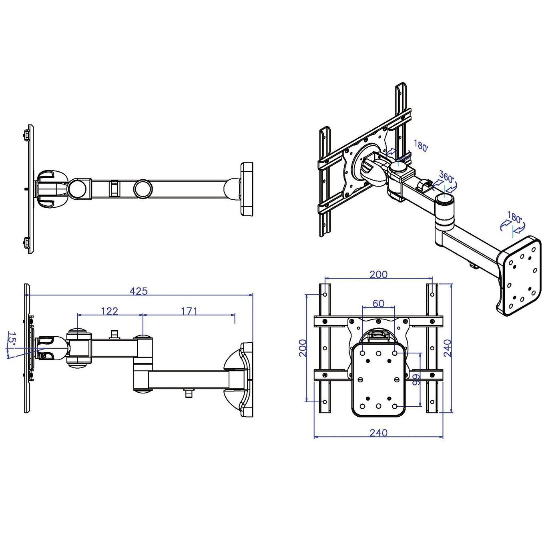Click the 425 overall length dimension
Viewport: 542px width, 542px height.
pos(139,291)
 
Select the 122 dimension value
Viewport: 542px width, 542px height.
pos(109,311)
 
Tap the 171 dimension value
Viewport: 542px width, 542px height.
pos(189,311)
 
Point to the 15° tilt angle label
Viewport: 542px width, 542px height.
pos(12,339)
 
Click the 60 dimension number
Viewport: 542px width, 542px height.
pos(378,303)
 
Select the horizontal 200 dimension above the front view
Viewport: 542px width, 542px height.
pos(378,274)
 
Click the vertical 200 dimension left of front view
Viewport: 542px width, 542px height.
pos(303,347)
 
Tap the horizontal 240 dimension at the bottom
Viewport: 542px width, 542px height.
pos(378,433)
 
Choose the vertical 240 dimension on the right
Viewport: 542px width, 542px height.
pos(447,347)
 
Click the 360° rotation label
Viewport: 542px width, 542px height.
pos(446,177)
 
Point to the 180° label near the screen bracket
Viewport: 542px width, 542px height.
pos(421,146)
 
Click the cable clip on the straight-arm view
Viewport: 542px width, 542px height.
pos(114,188)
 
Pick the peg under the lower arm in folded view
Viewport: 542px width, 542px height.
pos(188,394)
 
